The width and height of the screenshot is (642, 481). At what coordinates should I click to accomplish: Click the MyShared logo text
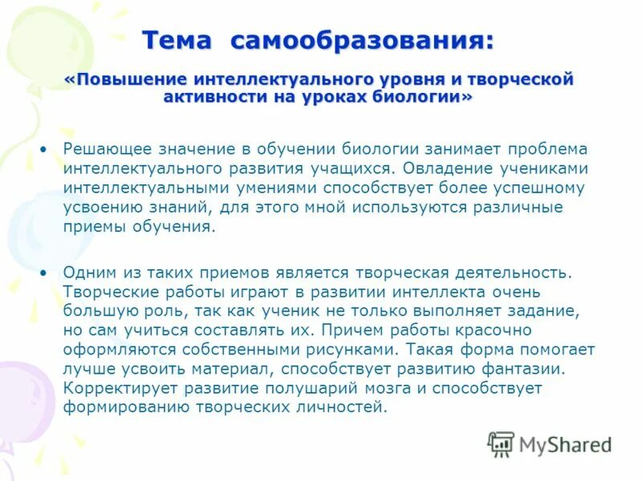tap(565, 444)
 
